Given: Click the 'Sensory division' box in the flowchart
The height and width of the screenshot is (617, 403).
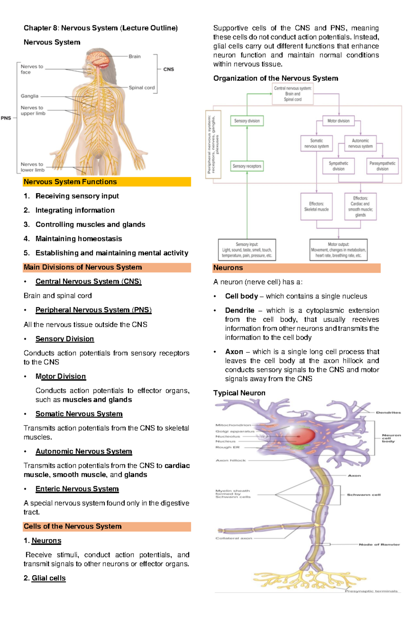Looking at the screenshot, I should tap(247, 121).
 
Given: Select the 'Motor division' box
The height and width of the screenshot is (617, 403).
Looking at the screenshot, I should tap(338, 121).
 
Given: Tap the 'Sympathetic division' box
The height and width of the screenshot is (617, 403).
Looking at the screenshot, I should tap(338, 166).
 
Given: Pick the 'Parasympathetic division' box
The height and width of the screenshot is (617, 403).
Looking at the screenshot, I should tap(382, 166).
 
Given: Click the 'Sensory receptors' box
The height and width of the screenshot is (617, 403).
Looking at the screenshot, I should tap(247, 166).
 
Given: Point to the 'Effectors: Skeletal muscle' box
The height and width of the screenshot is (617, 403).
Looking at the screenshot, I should tap(316, 206).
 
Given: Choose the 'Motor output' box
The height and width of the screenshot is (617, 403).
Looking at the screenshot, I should tap(338, 250).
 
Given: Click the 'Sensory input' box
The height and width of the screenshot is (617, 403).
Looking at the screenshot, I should tap(247, 250).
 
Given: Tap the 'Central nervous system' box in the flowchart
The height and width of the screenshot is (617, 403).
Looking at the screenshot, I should tap(293, 94).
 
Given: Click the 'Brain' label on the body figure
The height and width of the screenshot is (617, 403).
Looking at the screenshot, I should tap(135, 56).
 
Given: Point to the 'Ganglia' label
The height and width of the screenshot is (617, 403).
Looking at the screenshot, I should tap(30, 96).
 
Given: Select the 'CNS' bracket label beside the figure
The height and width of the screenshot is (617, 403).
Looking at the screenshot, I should tap(169, 69).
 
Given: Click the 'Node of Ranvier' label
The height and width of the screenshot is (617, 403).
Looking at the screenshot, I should tap(379, 544).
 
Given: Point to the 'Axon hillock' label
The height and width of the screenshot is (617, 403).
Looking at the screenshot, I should tap(231, 460).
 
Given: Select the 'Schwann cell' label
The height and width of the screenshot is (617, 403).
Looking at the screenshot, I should tap(364, 495).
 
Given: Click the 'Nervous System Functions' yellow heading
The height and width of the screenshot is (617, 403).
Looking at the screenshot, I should tap(70, 182).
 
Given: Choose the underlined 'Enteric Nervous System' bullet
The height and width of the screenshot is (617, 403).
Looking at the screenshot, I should tap(77, 489).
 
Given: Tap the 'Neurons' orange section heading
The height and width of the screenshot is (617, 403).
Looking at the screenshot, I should tap(228, 268).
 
